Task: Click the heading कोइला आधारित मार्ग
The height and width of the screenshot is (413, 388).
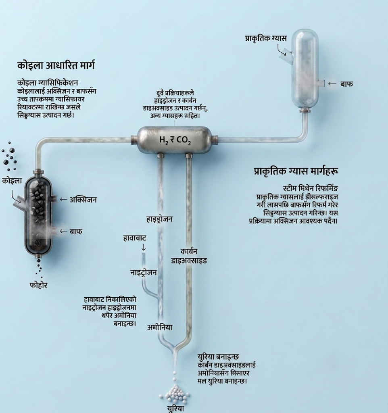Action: pos(56,65)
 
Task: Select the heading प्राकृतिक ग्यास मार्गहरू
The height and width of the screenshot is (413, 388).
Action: pos(296,171)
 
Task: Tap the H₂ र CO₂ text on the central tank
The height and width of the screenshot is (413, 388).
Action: pos(175,140)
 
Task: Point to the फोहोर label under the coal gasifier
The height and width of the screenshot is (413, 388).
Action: pos(38,285)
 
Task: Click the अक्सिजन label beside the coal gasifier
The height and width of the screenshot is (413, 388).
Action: pos(83,200)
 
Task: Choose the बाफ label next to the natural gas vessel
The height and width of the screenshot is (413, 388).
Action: pos(346,84)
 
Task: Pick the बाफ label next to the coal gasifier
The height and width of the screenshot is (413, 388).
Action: pos(76,231)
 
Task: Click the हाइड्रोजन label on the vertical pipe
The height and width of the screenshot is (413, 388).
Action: pos(159,219)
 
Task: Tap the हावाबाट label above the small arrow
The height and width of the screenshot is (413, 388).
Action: pos(135,238)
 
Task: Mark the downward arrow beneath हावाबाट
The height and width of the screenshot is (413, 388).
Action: pos(144,247)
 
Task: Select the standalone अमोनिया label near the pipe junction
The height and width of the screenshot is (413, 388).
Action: pos(160,327)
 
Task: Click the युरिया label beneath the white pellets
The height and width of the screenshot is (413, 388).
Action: pos(176,408)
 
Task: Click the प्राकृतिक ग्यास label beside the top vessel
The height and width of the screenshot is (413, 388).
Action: pos(266,38)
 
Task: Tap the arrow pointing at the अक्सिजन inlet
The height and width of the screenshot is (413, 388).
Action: pos(63,200)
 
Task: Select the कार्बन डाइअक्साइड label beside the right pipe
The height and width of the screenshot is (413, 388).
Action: pos(189,256)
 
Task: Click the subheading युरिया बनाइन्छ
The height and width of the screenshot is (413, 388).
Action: pos(218,357)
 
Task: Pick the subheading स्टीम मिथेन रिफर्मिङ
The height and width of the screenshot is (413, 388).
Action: pos(311,189)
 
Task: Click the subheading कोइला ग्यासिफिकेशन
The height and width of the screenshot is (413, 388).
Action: pos(48,83)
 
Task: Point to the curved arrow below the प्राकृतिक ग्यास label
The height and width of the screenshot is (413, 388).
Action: pos(282,50)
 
